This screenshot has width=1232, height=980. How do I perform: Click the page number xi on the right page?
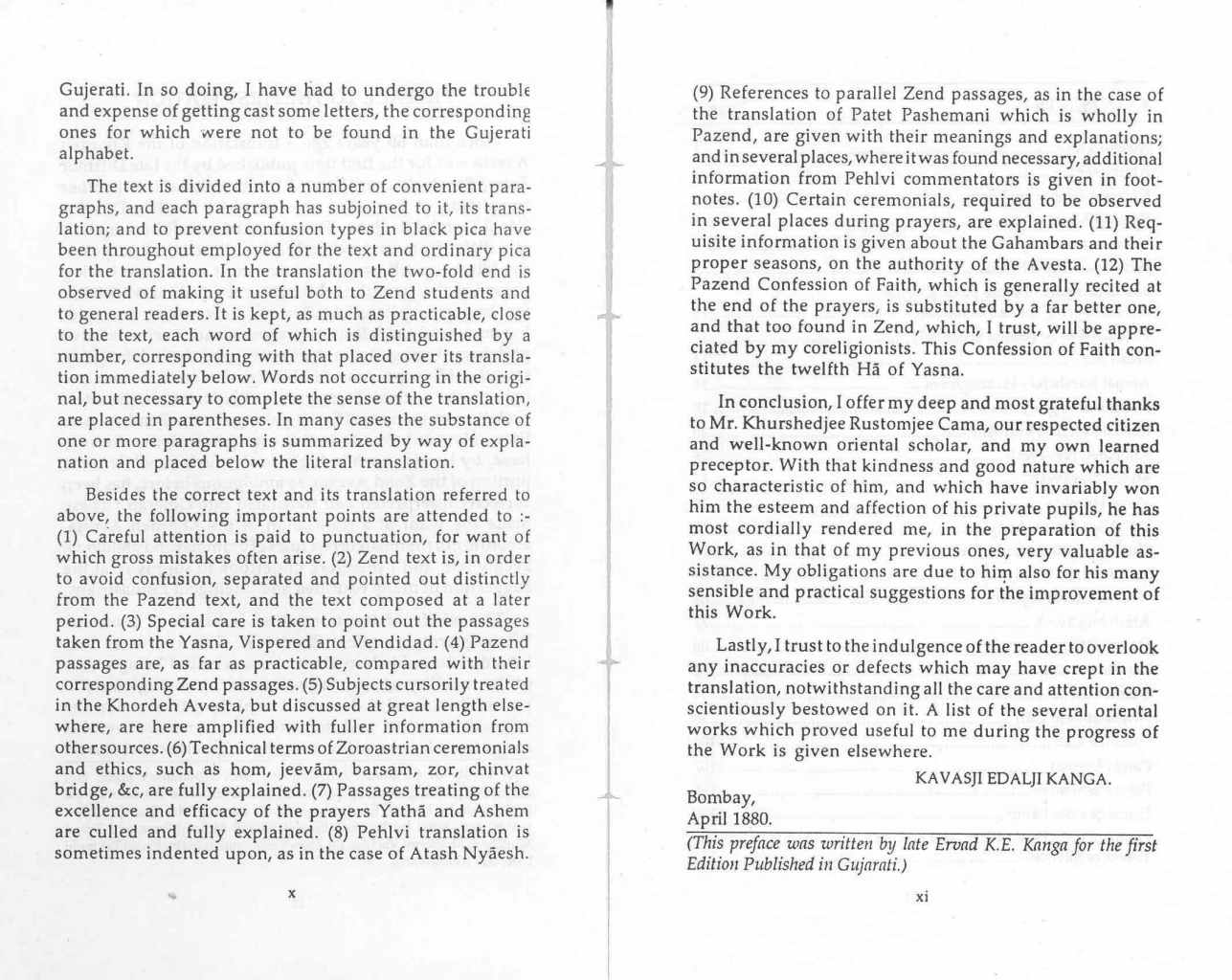(922, 897)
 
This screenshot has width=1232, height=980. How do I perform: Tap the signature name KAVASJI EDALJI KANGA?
(1013, 778)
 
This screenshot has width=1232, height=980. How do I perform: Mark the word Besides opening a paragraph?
(118, 496)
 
